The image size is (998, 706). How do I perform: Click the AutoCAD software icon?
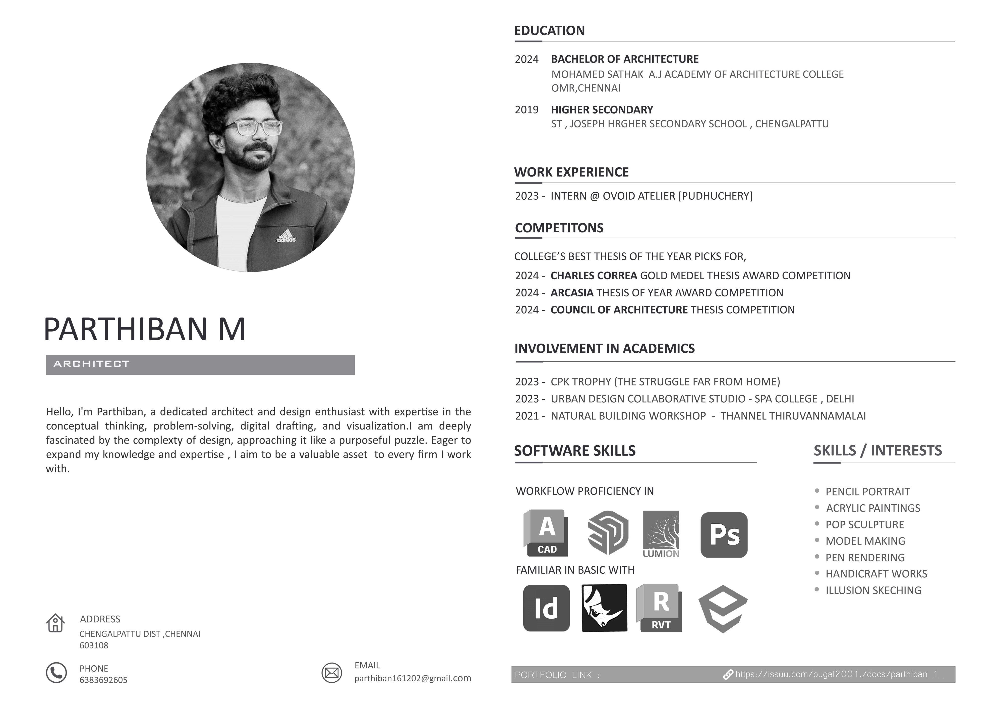click(546, 533)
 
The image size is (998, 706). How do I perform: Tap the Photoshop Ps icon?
click(724, 535)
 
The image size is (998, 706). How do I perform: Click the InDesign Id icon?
click(546, 608)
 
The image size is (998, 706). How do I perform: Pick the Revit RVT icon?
click(659, 608)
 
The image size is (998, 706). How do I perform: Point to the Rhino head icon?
click(604, 608)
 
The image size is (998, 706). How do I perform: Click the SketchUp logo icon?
click(608, 533)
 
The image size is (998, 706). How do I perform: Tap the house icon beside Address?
click(55, 623)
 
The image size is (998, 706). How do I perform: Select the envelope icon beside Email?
click(332, 673)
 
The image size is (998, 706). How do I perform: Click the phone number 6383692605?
click(103, 680)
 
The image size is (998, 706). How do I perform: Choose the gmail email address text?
click(413, 678)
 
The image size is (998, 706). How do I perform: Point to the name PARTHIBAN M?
click(145, 329)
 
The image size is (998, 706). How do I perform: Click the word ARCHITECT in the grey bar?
click(92, 364)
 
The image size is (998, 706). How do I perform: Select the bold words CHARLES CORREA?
click(594, 276)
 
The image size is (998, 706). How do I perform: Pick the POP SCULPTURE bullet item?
click(864, 525)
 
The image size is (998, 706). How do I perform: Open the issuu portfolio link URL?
click(839, 674)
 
